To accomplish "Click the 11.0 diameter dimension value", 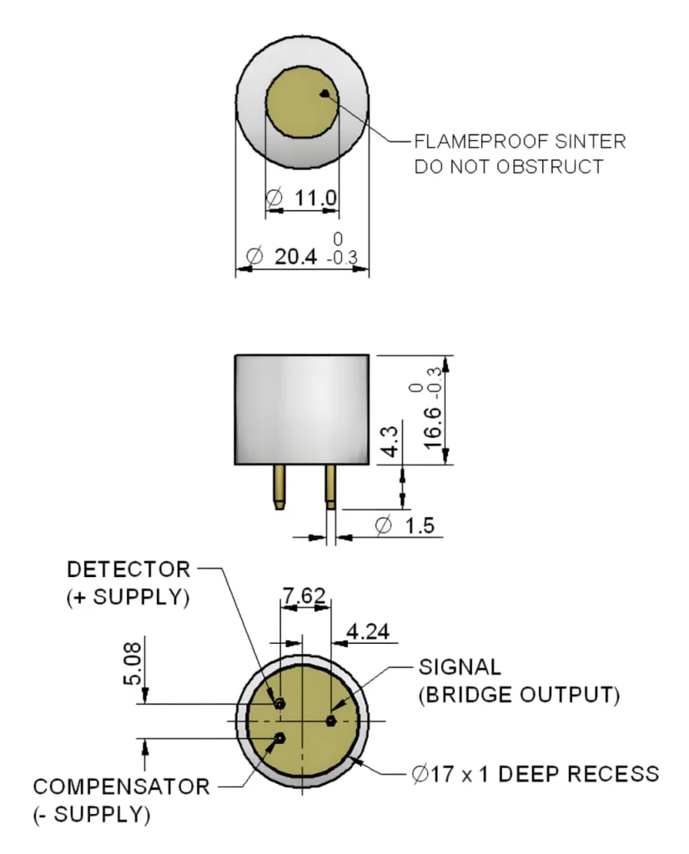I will pos(314,198).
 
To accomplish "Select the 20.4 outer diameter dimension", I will pos(295,256).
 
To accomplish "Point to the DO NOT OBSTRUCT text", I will pos(509,166).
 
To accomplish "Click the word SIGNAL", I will pos(460,667).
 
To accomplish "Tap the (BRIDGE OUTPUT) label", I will pos(519,694).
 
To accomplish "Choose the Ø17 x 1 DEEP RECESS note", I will pos(535,773).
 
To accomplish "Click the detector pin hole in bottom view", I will pos(281,703).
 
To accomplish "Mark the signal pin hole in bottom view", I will pos(331,720).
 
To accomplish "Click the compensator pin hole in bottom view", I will pos(281,737).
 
